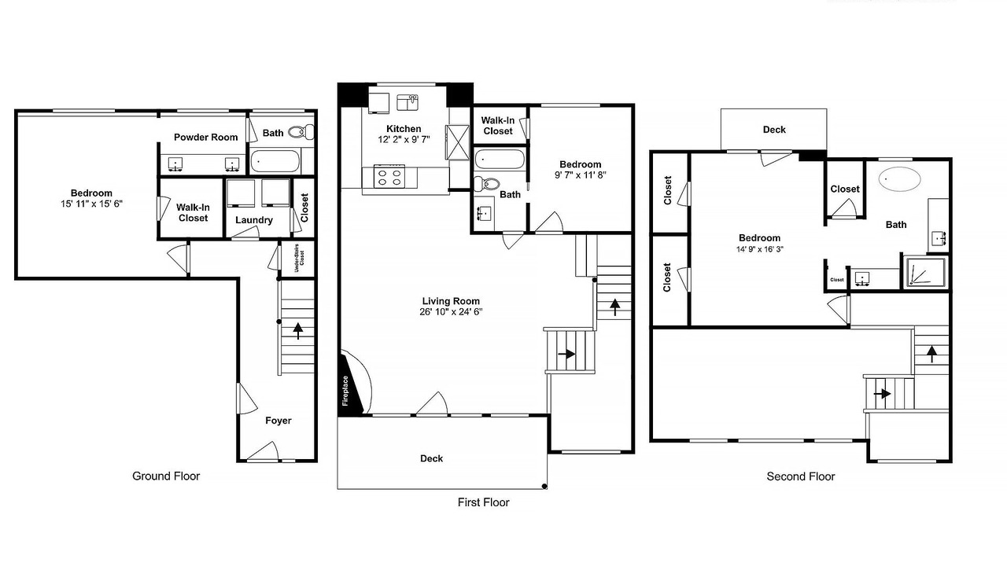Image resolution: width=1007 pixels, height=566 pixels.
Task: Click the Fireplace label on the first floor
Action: (x=345, y=391)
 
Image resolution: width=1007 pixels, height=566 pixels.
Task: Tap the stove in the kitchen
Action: (x=389, y=176)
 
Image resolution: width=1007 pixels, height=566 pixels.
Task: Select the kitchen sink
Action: (x=408, y=102)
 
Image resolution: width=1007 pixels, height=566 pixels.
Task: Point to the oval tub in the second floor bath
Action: (x=899, y=179)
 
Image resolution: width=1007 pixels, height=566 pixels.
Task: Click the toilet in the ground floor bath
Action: (x=301, y=131)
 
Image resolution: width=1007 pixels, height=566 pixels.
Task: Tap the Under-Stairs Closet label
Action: (x=300, y=259)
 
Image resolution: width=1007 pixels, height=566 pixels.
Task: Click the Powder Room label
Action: (x=206, y=137)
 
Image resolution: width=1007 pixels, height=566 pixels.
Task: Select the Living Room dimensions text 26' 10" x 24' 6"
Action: (x=451, y=312)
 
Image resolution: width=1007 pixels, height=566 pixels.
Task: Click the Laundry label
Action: (x=254, y=219)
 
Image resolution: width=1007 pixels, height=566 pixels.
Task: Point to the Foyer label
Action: (x=278, y=421)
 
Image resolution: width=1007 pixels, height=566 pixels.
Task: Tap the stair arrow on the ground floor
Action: (x=297, y=331)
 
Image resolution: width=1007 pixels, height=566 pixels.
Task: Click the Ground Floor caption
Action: (x=166, y=476)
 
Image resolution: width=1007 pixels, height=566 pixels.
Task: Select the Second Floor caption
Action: (x=801, y=476)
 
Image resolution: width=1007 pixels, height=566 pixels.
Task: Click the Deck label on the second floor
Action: (x=774, y=130)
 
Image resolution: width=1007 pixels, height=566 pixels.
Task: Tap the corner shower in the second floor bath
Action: (x=926, y=272)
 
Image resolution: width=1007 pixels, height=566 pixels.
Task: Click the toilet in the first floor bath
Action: (x=486, y=183)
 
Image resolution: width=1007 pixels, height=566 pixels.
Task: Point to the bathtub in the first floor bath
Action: (x=500, y=159)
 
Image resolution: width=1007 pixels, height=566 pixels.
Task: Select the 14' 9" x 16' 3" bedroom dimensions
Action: (x=760, y=249)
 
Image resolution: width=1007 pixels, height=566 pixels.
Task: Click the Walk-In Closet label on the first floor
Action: (x=498, y=126)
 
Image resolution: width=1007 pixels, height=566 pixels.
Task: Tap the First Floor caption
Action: (x=483, y=502)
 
